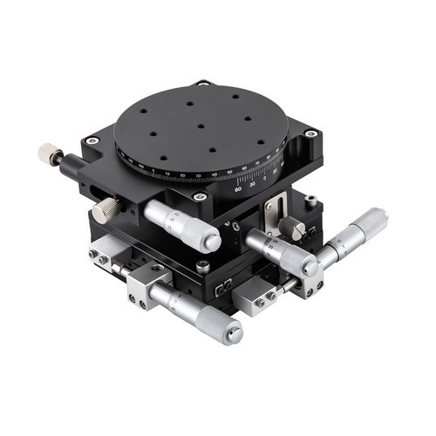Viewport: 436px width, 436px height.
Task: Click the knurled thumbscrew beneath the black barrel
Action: click(x=108, y=209)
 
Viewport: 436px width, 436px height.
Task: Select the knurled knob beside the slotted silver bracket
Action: click(x=295, y=228)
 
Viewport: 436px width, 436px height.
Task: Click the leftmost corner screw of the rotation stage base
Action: click(x=90, y=140)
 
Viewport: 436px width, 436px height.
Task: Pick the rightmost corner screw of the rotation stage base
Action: click(x=310, y=133)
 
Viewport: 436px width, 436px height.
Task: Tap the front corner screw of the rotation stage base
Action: click(x=200, y=197)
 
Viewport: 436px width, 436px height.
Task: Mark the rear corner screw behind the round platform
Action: click(x=202, y=84)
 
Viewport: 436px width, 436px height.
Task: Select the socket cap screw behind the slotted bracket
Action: click(x=310, y=201)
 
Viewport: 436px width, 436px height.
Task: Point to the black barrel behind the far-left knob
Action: click(x=72, y=163)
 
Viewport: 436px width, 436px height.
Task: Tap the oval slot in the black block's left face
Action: click(x=88, y=184)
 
